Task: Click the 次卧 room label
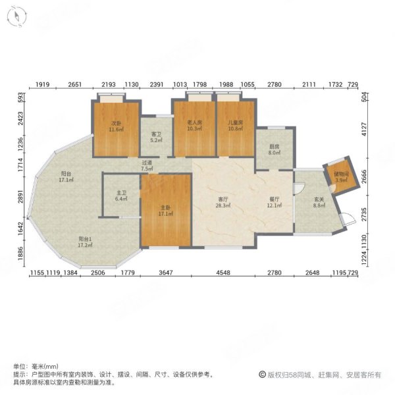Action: click(116, 123)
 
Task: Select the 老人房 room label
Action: click(193, 123)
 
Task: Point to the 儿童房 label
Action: click(236, 123)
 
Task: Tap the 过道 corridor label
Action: click(146, 163)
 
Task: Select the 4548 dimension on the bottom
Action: click(223, 272)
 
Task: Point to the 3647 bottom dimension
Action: click(165, 272)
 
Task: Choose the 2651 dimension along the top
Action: click(74, 85)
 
